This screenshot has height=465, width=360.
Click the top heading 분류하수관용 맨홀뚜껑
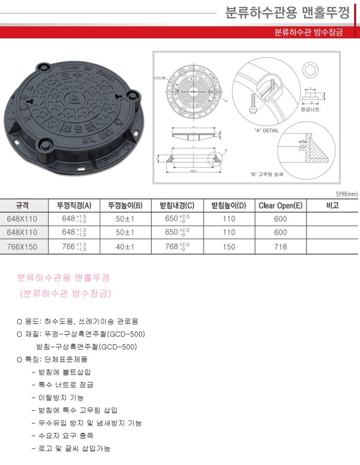click(287, 12)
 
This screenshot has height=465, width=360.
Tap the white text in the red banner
click(308, 32)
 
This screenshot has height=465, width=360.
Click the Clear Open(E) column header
click(280, 205)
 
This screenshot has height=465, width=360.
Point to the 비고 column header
click(332, 205)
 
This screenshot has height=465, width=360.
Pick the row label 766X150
click(22, 247)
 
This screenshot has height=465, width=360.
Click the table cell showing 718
click(280, 247)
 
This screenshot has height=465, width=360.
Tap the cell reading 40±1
click(125, 247)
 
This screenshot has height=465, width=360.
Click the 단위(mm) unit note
click(346, 194)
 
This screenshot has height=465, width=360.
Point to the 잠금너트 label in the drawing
click(311, 110)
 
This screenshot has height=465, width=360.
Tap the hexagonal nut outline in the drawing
click(311, 70)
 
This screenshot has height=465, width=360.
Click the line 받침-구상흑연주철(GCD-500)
click(87, 347)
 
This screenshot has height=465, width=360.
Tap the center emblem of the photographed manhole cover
click(74, 99)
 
